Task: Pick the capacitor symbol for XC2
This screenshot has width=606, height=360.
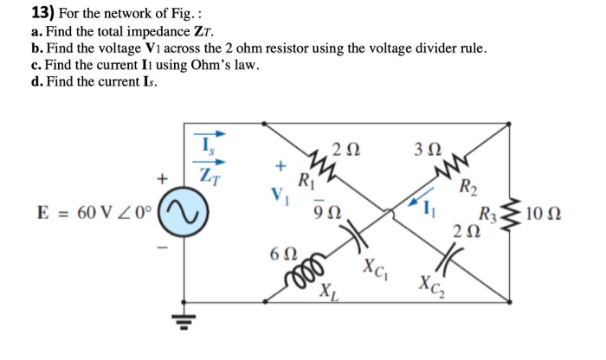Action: [x=451, y=254]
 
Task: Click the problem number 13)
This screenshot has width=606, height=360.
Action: [x=20, y=13]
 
